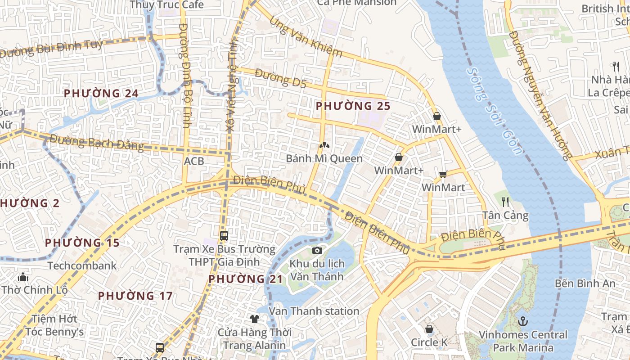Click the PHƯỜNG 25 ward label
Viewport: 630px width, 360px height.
click(353, 106)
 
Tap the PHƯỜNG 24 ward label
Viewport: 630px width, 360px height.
click(101, 94)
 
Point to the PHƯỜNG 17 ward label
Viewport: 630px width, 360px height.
click(135, 296)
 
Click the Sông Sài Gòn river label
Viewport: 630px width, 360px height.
click(495, 110)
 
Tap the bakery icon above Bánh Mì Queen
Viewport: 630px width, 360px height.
click(323, 145)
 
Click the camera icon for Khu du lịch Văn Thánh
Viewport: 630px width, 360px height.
click(317, 250)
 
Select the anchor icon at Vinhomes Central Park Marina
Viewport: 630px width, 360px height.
click(522, 321)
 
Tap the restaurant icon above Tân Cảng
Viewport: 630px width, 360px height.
click(505, 202)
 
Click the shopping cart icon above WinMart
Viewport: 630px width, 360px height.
click(443, 174)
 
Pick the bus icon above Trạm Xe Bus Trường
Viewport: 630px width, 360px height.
click(224, 235)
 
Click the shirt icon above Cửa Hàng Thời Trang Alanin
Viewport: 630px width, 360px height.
click(255, 319)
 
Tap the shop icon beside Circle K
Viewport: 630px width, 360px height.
click(429, 329)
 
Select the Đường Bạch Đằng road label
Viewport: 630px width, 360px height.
click(96, 143)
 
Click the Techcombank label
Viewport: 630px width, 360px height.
click(82, 265)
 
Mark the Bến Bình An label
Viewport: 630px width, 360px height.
click(585, 283)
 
